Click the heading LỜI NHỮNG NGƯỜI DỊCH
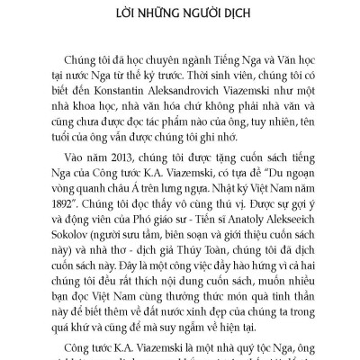coord(180,15)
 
